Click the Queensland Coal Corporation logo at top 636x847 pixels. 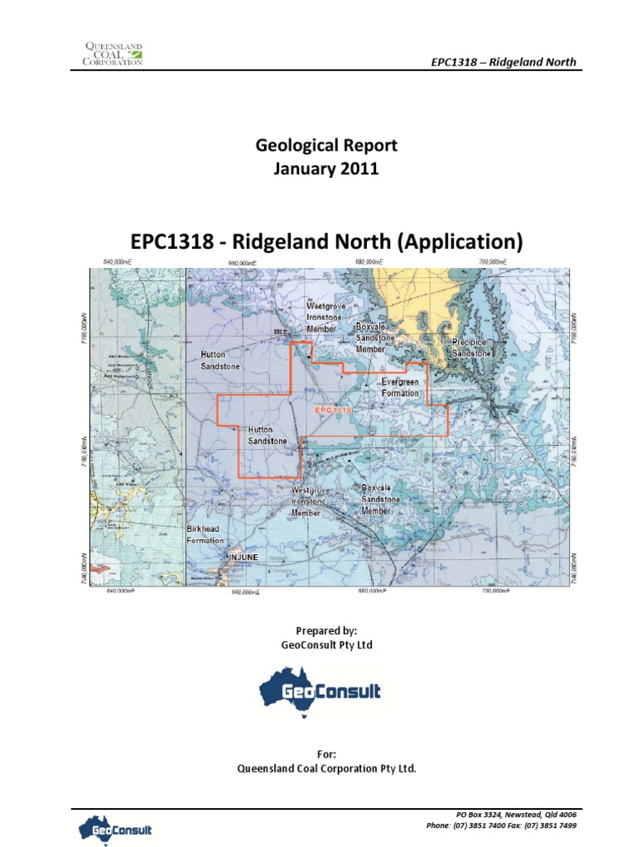click(114, 52)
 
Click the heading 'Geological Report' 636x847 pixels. click(326, 146)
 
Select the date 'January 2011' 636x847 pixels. click(326, 169)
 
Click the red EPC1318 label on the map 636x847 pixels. click(333, 409)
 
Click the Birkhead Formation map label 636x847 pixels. click(205, 534)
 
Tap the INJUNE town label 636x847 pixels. click(243, 558)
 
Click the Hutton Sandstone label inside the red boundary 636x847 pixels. click(268, 435)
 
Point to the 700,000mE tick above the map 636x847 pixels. click(492, 261)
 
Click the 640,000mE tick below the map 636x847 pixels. click(120, 591)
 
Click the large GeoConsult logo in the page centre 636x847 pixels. click(320, 691)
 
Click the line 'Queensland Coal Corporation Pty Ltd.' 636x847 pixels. click(326, 768)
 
